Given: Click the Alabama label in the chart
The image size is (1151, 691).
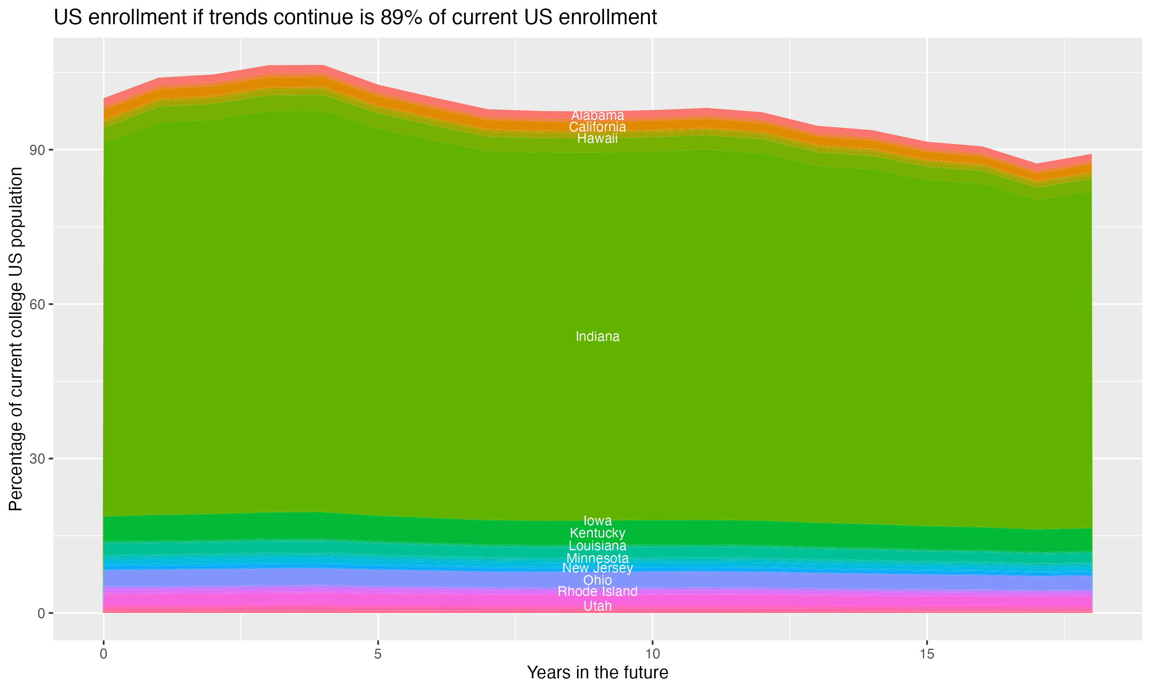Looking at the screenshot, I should point(597,115).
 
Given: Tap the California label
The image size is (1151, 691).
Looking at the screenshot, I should point(597,127).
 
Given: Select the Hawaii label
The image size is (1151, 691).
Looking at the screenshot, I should point(597,138).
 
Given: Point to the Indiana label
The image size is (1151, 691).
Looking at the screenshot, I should point(597,336).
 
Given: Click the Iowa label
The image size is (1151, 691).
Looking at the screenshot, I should point(597,521).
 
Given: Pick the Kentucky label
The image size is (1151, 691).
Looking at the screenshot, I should point(597,533).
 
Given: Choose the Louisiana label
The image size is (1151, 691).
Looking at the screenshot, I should point(597,546).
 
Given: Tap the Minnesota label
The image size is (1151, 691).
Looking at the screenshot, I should point(597,558).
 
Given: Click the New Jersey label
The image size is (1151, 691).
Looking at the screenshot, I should point(597,568).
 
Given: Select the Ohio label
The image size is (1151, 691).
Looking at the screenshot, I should point(597,580).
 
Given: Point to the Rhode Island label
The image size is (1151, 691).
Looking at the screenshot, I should point(597,591).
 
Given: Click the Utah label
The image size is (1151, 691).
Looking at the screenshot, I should point(597,606).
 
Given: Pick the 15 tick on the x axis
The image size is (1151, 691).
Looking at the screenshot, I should point(927,654).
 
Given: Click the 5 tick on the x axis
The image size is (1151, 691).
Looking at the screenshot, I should point(378,654).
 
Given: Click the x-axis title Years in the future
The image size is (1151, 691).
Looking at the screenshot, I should point(597,672).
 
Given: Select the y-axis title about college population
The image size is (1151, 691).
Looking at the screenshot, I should point(16,339).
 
